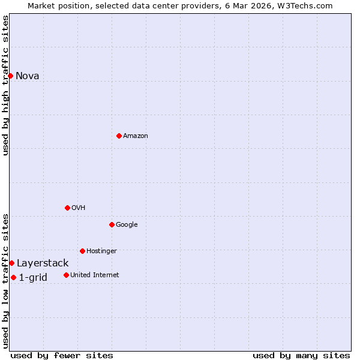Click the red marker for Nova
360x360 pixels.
[x=10, y=76]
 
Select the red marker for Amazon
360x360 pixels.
[x=119, y=136]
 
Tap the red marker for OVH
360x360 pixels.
[x=67, y=208]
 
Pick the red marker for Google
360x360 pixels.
[x=112, y=224]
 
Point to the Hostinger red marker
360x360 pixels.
[x=82, y=251]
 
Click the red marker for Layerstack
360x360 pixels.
[x=11, y=263]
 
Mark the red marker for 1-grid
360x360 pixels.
[x=13, y=277]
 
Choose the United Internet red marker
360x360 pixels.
[x=66, y=275]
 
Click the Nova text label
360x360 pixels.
[x=28, y=76]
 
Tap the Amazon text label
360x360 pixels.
[x=136, y=136]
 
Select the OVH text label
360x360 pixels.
[x=79, y=208]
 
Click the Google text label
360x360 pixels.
[x=127, y=224]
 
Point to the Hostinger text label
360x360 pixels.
[x=101, y=251]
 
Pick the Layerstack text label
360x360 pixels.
[x=43, y=263]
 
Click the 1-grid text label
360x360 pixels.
[x=33, y=277]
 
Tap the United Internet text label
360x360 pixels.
[x=95, y=275]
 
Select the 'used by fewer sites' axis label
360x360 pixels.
[x=62, y=355]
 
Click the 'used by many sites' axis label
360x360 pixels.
[x=301, y=355]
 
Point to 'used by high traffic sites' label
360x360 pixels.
[x=5, y=85]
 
